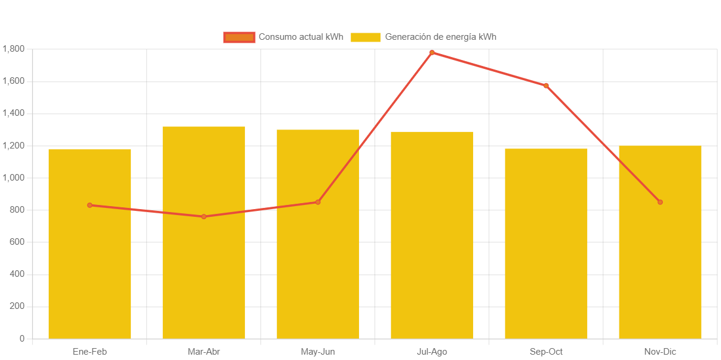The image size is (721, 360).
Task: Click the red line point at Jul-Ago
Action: point(432,53)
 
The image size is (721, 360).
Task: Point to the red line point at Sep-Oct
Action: point(546,86)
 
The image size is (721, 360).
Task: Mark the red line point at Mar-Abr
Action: point(204,217)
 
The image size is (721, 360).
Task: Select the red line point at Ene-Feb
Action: point(90,205)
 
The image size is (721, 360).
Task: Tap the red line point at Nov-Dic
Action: point(660,202)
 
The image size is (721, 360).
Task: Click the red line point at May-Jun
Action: point(318,202)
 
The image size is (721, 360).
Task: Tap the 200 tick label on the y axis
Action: point(17,307)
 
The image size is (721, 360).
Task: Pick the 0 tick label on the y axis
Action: point(21,339)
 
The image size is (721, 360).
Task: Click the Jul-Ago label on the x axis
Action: point(432,352)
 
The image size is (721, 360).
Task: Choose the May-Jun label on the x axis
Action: point(318,352)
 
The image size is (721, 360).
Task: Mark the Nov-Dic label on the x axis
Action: point(660,352)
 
